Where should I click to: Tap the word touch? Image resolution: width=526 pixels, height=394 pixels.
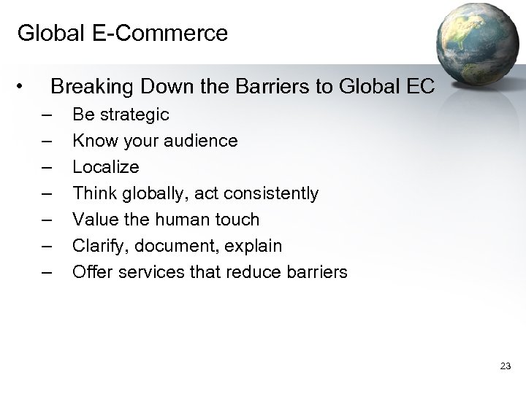(236, 220)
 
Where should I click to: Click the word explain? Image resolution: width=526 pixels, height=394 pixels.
(254, 246)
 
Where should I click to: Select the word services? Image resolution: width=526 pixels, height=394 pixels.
(148, 272)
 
